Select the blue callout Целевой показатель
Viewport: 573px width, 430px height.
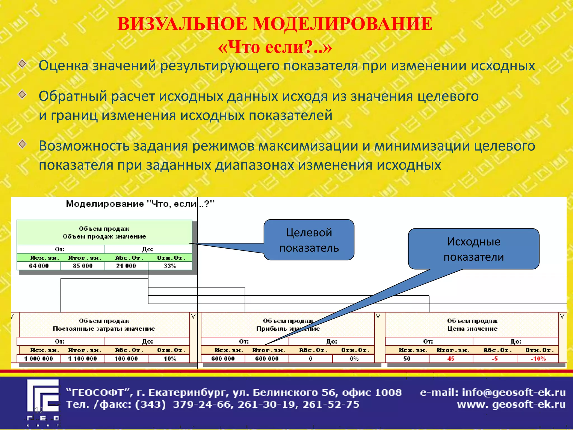pos(309,240)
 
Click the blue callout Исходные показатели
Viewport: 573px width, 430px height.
pos(473,249)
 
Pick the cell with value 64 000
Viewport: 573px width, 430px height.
pos(39,266)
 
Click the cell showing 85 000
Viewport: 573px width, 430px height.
pos(83,266)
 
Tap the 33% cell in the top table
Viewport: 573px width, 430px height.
pos(170,266)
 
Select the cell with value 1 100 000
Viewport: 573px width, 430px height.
pos(83,359)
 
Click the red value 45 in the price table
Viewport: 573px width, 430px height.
pos(451,359)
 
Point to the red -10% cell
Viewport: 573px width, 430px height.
pos(538,359)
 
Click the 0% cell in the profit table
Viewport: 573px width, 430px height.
pos(354,359)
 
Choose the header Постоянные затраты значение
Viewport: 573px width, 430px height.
pos(104,329)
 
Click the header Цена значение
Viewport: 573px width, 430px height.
pos(472,329)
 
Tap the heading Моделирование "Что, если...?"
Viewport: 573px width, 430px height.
pos(140,204)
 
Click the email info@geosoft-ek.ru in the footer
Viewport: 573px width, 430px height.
pos(514,393)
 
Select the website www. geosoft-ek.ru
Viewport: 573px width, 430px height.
pos(511,405)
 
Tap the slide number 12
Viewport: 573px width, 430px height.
pos(39,410)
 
